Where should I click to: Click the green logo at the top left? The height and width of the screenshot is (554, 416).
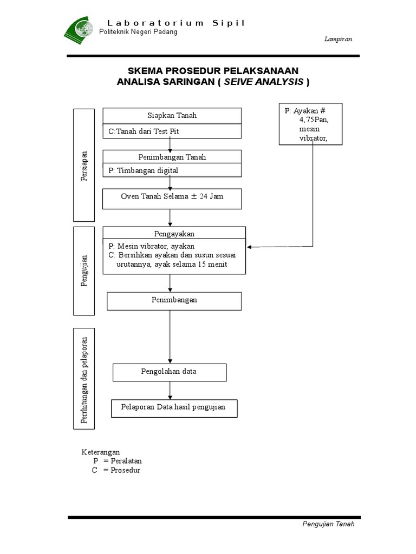tap(79, 30)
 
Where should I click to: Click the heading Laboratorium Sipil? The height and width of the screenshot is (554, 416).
tap(175, 23)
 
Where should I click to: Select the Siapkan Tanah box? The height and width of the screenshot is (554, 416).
tap(172, 116)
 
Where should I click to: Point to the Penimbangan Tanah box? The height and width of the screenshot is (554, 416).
tap(172, 157)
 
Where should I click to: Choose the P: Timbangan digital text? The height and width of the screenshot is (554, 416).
tap(143, 170)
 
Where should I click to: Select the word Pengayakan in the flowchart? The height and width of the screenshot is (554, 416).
tap(173, 234)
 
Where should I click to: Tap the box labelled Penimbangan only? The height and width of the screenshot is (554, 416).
tap(174, 300)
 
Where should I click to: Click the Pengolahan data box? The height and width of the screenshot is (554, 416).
tap(170, 372)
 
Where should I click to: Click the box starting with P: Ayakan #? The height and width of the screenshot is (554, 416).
tap(311, 124)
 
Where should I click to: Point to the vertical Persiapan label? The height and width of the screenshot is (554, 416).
tap(84, 165)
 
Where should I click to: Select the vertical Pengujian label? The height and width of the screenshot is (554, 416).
tap(84, 271)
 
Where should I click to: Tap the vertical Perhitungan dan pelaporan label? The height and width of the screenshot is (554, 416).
tap(84, 379)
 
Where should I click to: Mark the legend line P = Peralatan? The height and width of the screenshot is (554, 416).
tap(117, 461)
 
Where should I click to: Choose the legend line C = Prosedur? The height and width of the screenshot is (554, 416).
tap(116, 471)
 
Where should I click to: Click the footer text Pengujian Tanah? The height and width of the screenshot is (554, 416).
tap(328, 524)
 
